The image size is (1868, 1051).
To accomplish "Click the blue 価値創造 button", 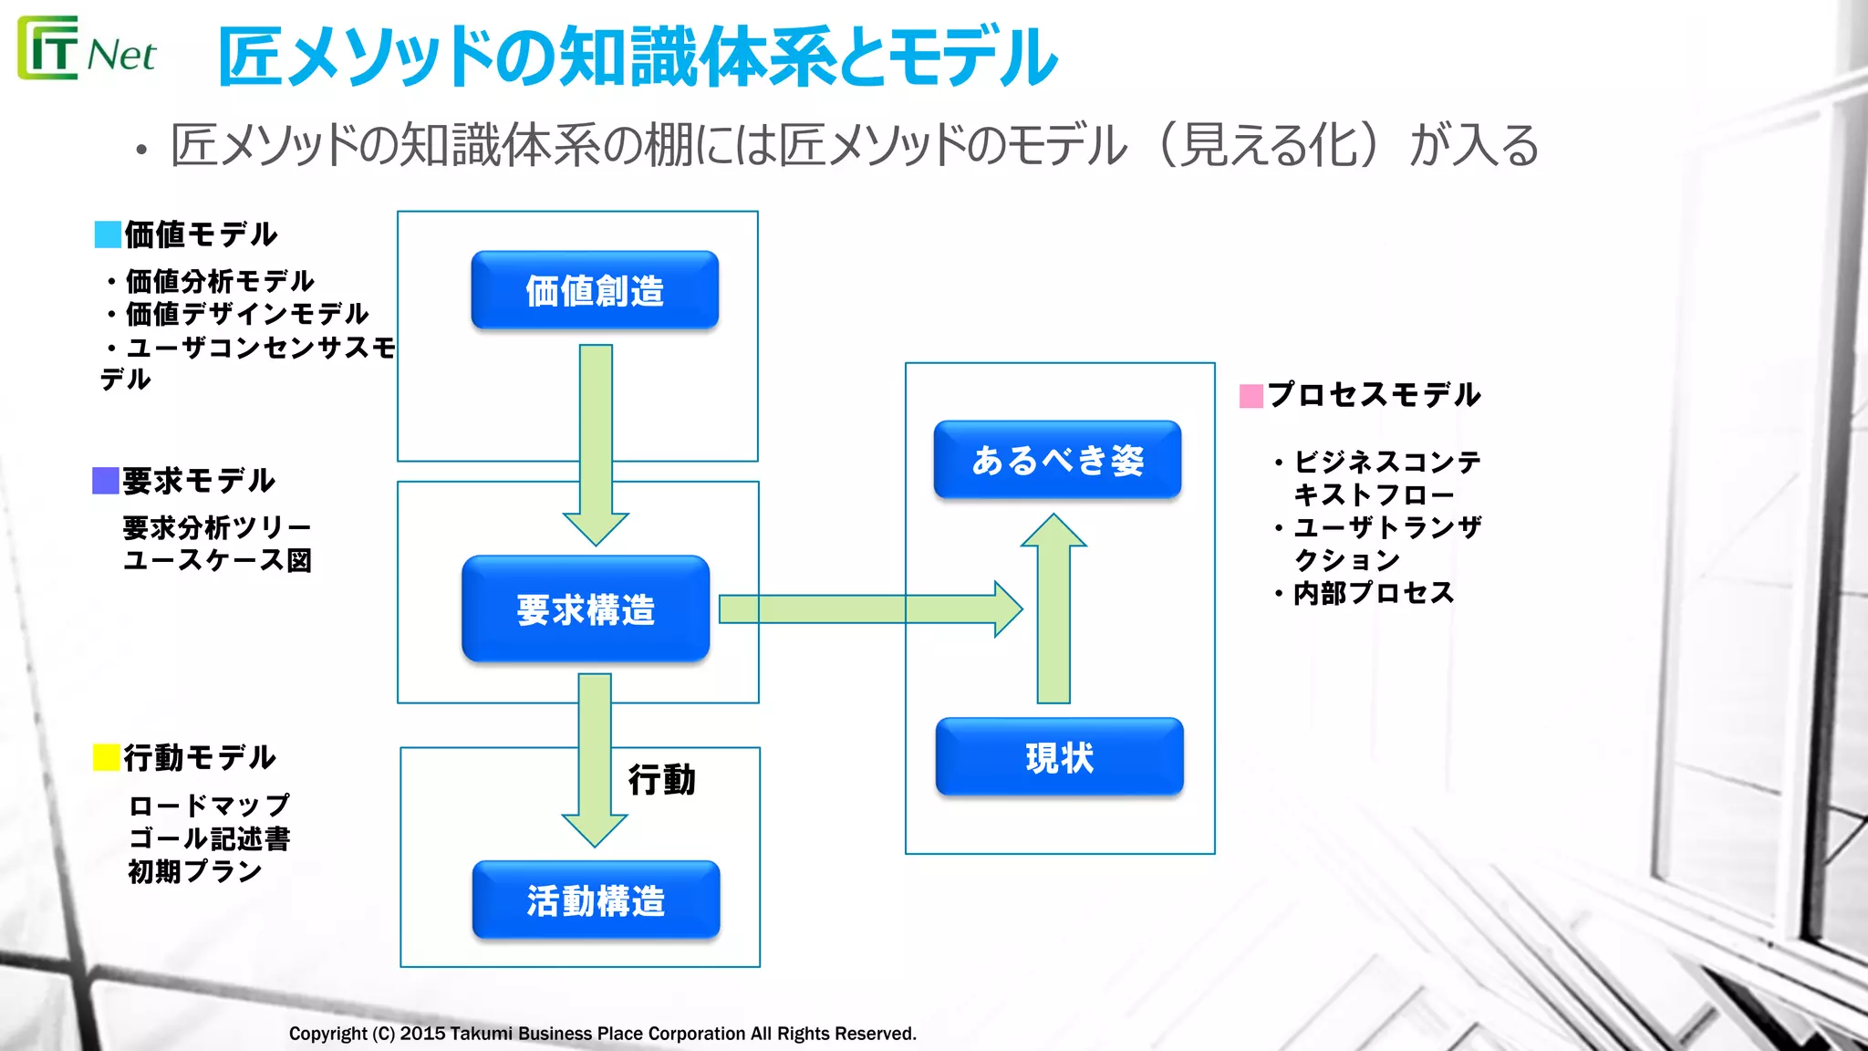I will click(x=595, y=290).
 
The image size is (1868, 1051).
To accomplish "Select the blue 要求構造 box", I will click(x=586, y=609).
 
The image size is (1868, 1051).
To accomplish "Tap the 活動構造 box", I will click(x=596, y=900).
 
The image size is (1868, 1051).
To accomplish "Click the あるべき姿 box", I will click(x=1057, y=459).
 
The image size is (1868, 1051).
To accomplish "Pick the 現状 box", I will click(x=1059, y=756).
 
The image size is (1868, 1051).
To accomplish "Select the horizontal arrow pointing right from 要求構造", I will click(x=867, y=609).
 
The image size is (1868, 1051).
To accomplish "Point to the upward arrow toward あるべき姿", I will click(x=1053, y=611).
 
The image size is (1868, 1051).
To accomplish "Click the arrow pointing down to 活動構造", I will click(x=595, y=757).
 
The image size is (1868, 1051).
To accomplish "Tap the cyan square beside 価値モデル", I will click(x=108, y=234).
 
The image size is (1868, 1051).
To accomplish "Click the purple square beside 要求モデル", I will click(x=106, y=481).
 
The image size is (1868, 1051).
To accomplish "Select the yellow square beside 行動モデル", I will click(x=107, y=757).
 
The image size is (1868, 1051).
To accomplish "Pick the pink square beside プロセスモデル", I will click(x=1251, y=396).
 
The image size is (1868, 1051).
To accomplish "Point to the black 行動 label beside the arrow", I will click(x=661, y=780).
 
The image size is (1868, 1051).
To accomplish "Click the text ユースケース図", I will click(x=217, y=560).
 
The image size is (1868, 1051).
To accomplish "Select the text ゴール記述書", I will click(x=210, y=838).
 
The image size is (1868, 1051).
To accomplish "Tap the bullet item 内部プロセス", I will click(x=1373, y=593).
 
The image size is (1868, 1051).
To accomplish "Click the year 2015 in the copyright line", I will click(x=422, y=1034).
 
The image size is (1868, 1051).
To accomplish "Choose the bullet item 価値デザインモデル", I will click(x=246, y=314).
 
